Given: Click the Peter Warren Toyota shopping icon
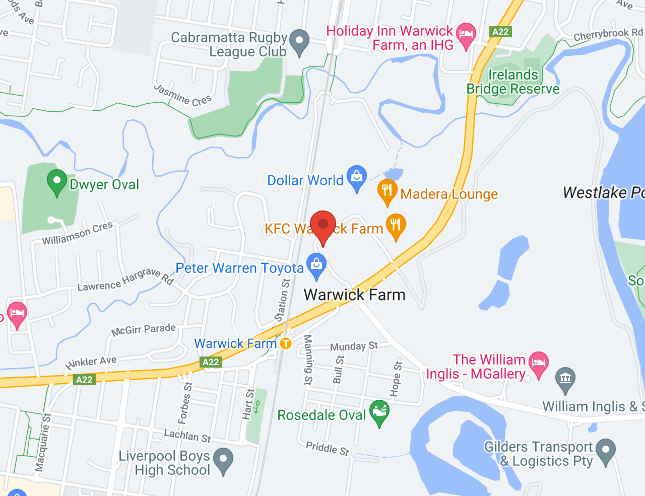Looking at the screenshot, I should pos(316,264).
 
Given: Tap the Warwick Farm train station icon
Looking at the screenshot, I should pos(286,343).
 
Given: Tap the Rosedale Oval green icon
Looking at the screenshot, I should pos(379,411).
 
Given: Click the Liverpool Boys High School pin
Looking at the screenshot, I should pos(223,459).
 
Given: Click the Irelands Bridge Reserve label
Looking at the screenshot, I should pos(513,82).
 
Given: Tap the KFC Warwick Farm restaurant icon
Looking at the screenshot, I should pos(396,225).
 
